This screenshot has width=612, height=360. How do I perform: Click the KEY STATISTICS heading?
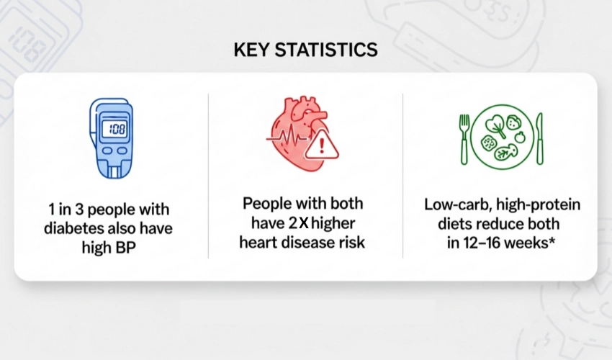305,50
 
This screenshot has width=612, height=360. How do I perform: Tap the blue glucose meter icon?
112,138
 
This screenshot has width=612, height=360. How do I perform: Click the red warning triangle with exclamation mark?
321,145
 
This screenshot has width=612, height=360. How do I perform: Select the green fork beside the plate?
464,139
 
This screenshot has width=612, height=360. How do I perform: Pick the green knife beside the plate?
539,139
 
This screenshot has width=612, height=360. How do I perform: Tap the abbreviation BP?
125,248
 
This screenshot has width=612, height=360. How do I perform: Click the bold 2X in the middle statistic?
299,223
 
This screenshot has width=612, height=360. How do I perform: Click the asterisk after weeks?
552,240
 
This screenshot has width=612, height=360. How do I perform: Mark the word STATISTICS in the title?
326,50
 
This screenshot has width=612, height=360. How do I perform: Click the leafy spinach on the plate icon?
495,125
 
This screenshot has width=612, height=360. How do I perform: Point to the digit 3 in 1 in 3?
80,210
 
